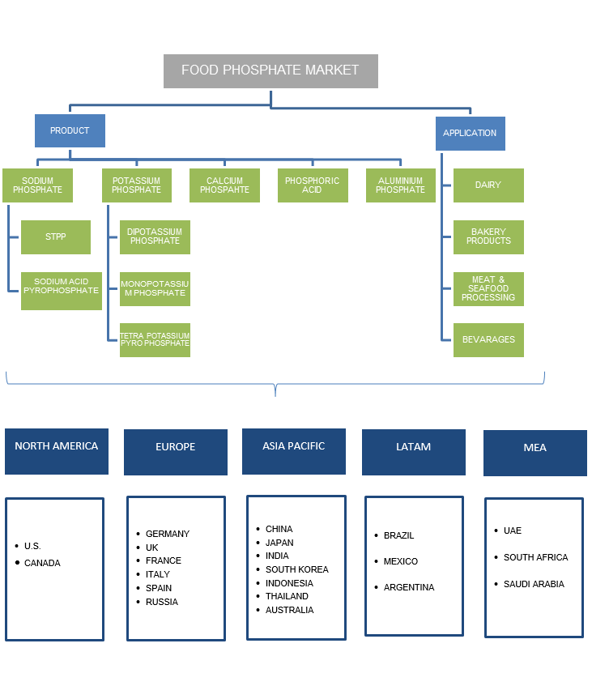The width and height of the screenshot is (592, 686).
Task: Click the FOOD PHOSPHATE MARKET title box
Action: coord(270,71)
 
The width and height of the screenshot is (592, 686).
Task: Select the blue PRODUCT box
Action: coord(70,130)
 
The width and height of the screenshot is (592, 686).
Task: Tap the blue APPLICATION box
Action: coord(470,133)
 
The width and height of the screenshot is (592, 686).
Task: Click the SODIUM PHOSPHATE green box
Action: coord(37,185)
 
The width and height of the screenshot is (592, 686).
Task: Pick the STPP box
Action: coord(56,237)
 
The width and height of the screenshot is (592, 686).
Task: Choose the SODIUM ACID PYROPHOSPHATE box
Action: coord(62,290)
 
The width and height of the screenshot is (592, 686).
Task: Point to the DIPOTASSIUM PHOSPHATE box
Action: coord(155,236)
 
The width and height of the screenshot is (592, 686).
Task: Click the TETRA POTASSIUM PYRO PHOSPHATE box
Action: coord(155,340)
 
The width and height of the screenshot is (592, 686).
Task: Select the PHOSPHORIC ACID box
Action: coord(313,185)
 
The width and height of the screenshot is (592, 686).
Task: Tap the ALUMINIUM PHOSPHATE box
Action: coord(400,185)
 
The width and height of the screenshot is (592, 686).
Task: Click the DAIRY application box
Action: coord(488,185)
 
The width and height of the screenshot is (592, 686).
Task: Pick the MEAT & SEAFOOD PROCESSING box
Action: coord(488,289)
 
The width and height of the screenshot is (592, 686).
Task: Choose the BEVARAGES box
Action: coord(488,340)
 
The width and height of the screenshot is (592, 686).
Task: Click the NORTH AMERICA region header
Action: coord(57,451)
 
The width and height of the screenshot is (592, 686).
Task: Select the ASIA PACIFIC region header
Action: coord(294,451)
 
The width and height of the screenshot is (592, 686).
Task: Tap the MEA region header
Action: coord(535,453)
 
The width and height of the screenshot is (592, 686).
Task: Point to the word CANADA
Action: coord(42,563)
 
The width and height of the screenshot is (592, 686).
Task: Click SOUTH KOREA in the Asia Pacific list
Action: coord(296,569)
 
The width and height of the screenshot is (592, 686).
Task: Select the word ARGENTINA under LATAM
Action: coord(409,587)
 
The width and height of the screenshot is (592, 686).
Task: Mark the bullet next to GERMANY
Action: coord(138,534)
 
